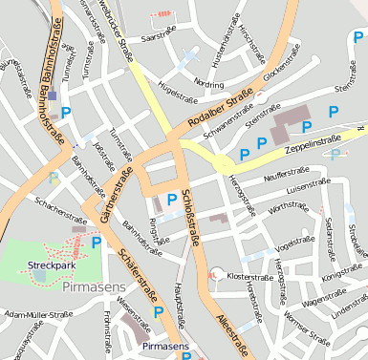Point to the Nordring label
208,83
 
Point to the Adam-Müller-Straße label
38,312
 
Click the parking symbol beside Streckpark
96,243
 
